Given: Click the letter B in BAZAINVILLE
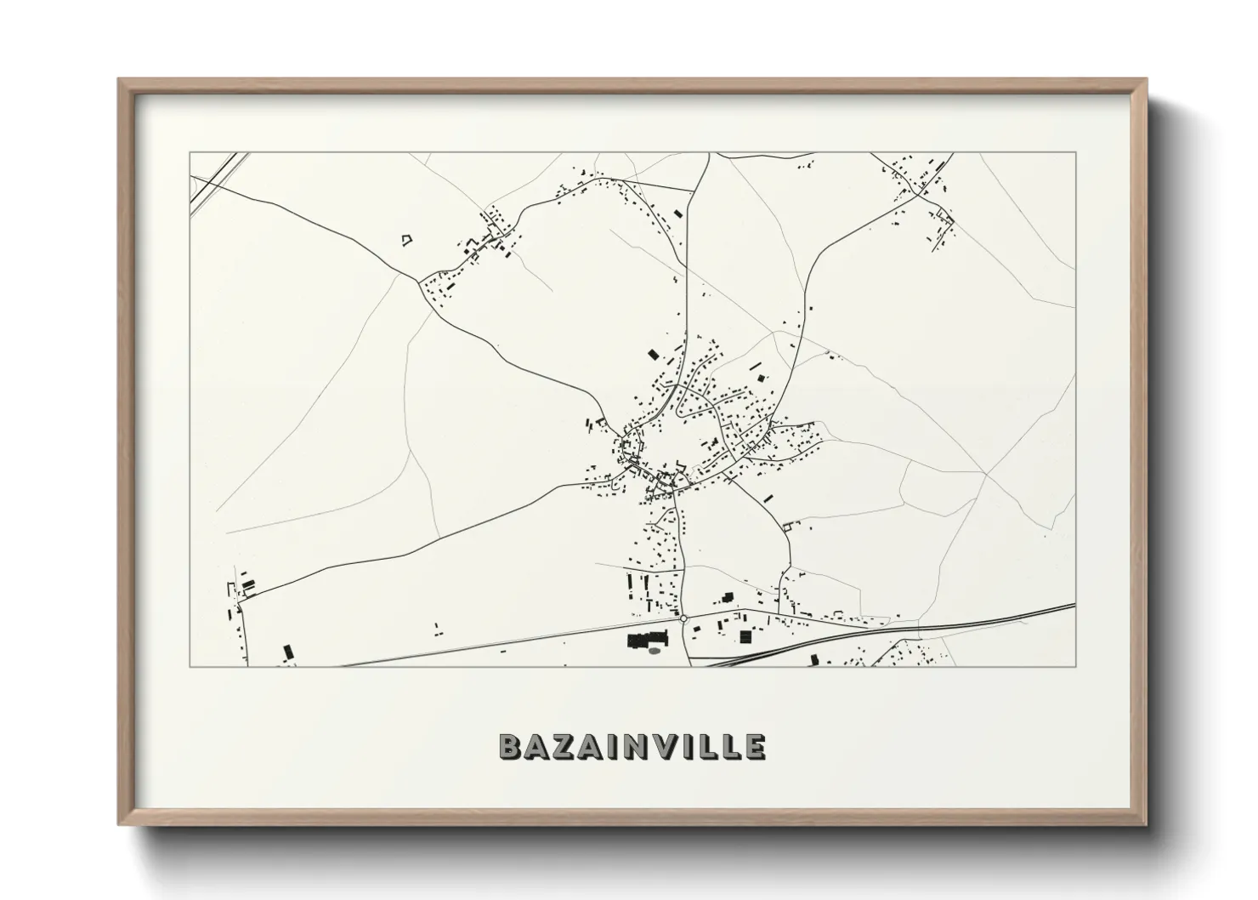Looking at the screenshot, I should point(511,746).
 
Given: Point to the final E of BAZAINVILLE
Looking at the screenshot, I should point(754,746).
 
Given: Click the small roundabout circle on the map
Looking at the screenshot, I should point(683,618).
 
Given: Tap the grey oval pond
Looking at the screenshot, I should point(654,652).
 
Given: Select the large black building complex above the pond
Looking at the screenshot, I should point(647,639).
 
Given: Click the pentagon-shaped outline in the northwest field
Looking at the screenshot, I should point(407,240).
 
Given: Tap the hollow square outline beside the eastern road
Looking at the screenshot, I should point(788,527).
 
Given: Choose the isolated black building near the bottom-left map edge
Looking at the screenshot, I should point(287,652).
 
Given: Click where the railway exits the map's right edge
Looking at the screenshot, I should point(1074,606).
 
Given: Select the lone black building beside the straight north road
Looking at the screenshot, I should point(677,213).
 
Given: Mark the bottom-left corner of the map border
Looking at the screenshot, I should point(190,667).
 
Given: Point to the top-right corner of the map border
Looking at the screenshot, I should point(1075,152).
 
